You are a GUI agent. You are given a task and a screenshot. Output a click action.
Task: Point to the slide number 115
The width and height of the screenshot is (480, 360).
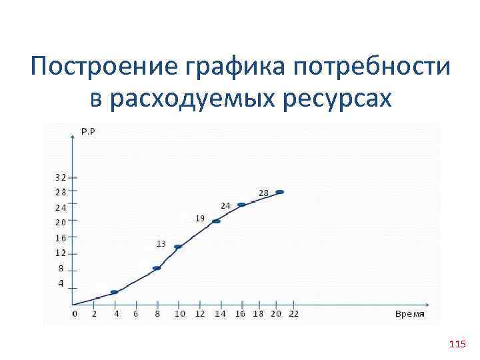pyautogui.click(x=457, y=344)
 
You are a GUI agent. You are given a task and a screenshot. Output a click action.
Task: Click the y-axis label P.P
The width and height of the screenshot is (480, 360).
pyautogui.click(x=88, y=131)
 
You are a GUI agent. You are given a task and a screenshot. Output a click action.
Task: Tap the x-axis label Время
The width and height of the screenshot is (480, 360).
pyautogui.click(x=409, y=313)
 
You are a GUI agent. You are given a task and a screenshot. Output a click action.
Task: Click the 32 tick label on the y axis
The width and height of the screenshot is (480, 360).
pyautogui.click(x=61, y=177)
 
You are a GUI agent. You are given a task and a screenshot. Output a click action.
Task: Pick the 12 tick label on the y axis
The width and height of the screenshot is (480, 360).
pyautogui.click(x=61, y=253)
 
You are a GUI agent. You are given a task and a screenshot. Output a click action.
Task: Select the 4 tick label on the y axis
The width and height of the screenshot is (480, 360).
pyautogui.click(x=61, y=283)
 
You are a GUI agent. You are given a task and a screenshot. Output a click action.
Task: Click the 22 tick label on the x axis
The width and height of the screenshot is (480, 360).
pyautogui.click(x=293, y=313)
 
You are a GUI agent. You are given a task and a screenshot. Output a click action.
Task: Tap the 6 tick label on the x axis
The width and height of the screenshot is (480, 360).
pyautogui.click(x=136, y=313)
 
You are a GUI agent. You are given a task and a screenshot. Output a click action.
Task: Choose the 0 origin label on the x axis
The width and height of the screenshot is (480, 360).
pyautogui.click(x=75, y=313)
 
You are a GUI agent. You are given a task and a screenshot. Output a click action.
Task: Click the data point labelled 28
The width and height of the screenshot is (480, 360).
pyautogui.click(x=280, y=192)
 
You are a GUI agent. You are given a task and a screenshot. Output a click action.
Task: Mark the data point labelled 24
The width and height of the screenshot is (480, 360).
pyautogui.click(x=241, y=205)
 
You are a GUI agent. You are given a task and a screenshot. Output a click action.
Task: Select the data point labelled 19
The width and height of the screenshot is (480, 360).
pyautogui.click(x=216, y=221)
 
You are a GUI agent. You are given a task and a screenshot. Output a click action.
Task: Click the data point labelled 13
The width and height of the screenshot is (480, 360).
pyautogui.click(x=178, y=247)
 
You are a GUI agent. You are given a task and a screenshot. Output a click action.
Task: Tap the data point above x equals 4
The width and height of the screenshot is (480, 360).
pyautogui.click(x=114, y=292)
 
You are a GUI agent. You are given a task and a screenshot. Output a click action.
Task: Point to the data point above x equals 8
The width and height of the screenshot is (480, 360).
pyautogui.click(x=157, y=268)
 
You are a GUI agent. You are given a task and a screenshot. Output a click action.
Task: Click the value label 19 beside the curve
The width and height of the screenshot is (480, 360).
pyautogui.click(x=199, y=218)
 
